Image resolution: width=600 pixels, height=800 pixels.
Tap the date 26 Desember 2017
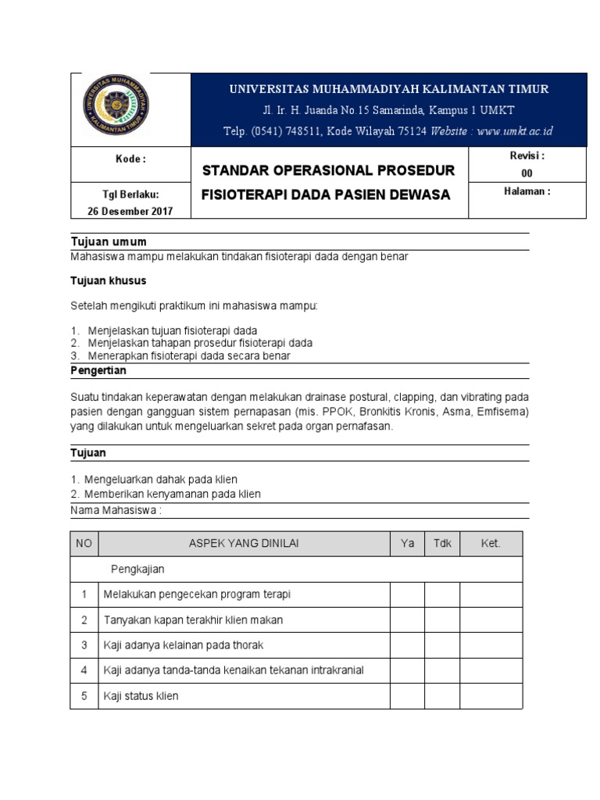(131, 211)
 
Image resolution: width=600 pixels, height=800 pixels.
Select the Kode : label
(130, 159)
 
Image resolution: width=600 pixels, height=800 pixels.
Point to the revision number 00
(527, 173)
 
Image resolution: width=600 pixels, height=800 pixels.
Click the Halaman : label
(527, 191)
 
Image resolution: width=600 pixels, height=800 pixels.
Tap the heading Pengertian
(98, 370)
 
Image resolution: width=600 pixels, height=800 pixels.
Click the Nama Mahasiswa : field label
(116, 510)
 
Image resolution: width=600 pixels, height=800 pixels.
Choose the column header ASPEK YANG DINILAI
(244, 544)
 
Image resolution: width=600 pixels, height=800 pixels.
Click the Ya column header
(407, 544)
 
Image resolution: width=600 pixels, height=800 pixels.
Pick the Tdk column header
(441, 544)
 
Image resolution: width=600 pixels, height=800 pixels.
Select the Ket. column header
(491, 544)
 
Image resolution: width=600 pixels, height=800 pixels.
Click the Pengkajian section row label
(137, 570)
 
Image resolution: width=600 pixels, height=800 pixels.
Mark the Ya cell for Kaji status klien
(407, 695)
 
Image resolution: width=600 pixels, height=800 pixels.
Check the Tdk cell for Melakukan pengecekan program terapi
(441, 595)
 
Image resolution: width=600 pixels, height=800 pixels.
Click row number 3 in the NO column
(84, 645)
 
